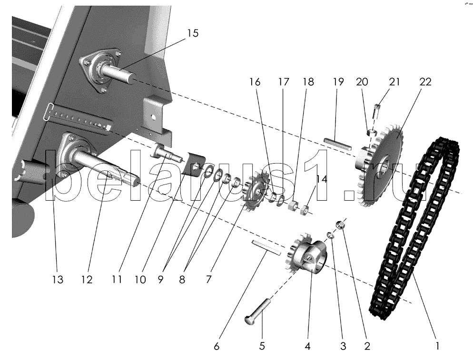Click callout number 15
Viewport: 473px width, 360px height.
(x=193, y=34)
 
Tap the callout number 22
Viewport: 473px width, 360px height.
(x=425, y=82)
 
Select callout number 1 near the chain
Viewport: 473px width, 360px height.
(x=437, y=346)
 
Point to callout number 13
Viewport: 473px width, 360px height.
(x=57, y=280)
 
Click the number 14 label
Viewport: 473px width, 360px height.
(x=322, y=179)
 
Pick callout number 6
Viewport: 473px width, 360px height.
(x=217, y=346)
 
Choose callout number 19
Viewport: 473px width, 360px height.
(x=338, y=82)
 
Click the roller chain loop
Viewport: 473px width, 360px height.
(x=416, y=228)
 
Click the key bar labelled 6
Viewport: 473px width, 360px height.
(x=264, y=247)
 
